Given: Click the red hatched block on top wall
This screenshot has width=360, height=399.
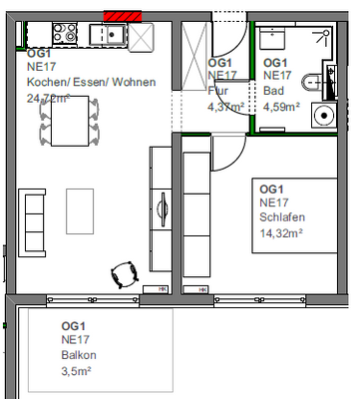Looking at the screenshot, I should [x=124, y=16].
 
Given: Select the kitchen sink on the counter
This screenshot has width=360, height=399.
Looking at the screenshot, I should [x=111, y=34].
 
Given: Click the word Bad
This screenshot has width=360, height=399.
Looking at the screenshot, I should [x=272, y=90].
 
